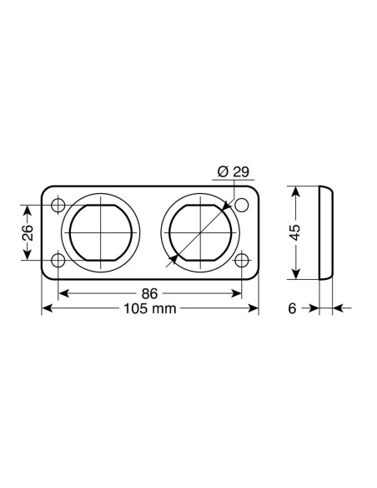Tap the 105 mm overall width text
(151, 309)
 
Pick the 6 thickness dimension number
(293, 309)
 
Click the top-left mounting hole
(58, 206)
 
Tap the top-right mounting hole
(243, 206)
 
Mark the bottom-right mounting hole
(243, 261)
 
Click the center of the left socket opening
(101, 233)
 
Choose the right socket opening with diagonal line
(199, 233)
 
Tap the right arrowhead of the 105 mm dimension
(255, 309)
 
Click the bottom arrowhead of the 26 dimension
(27, 257)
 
